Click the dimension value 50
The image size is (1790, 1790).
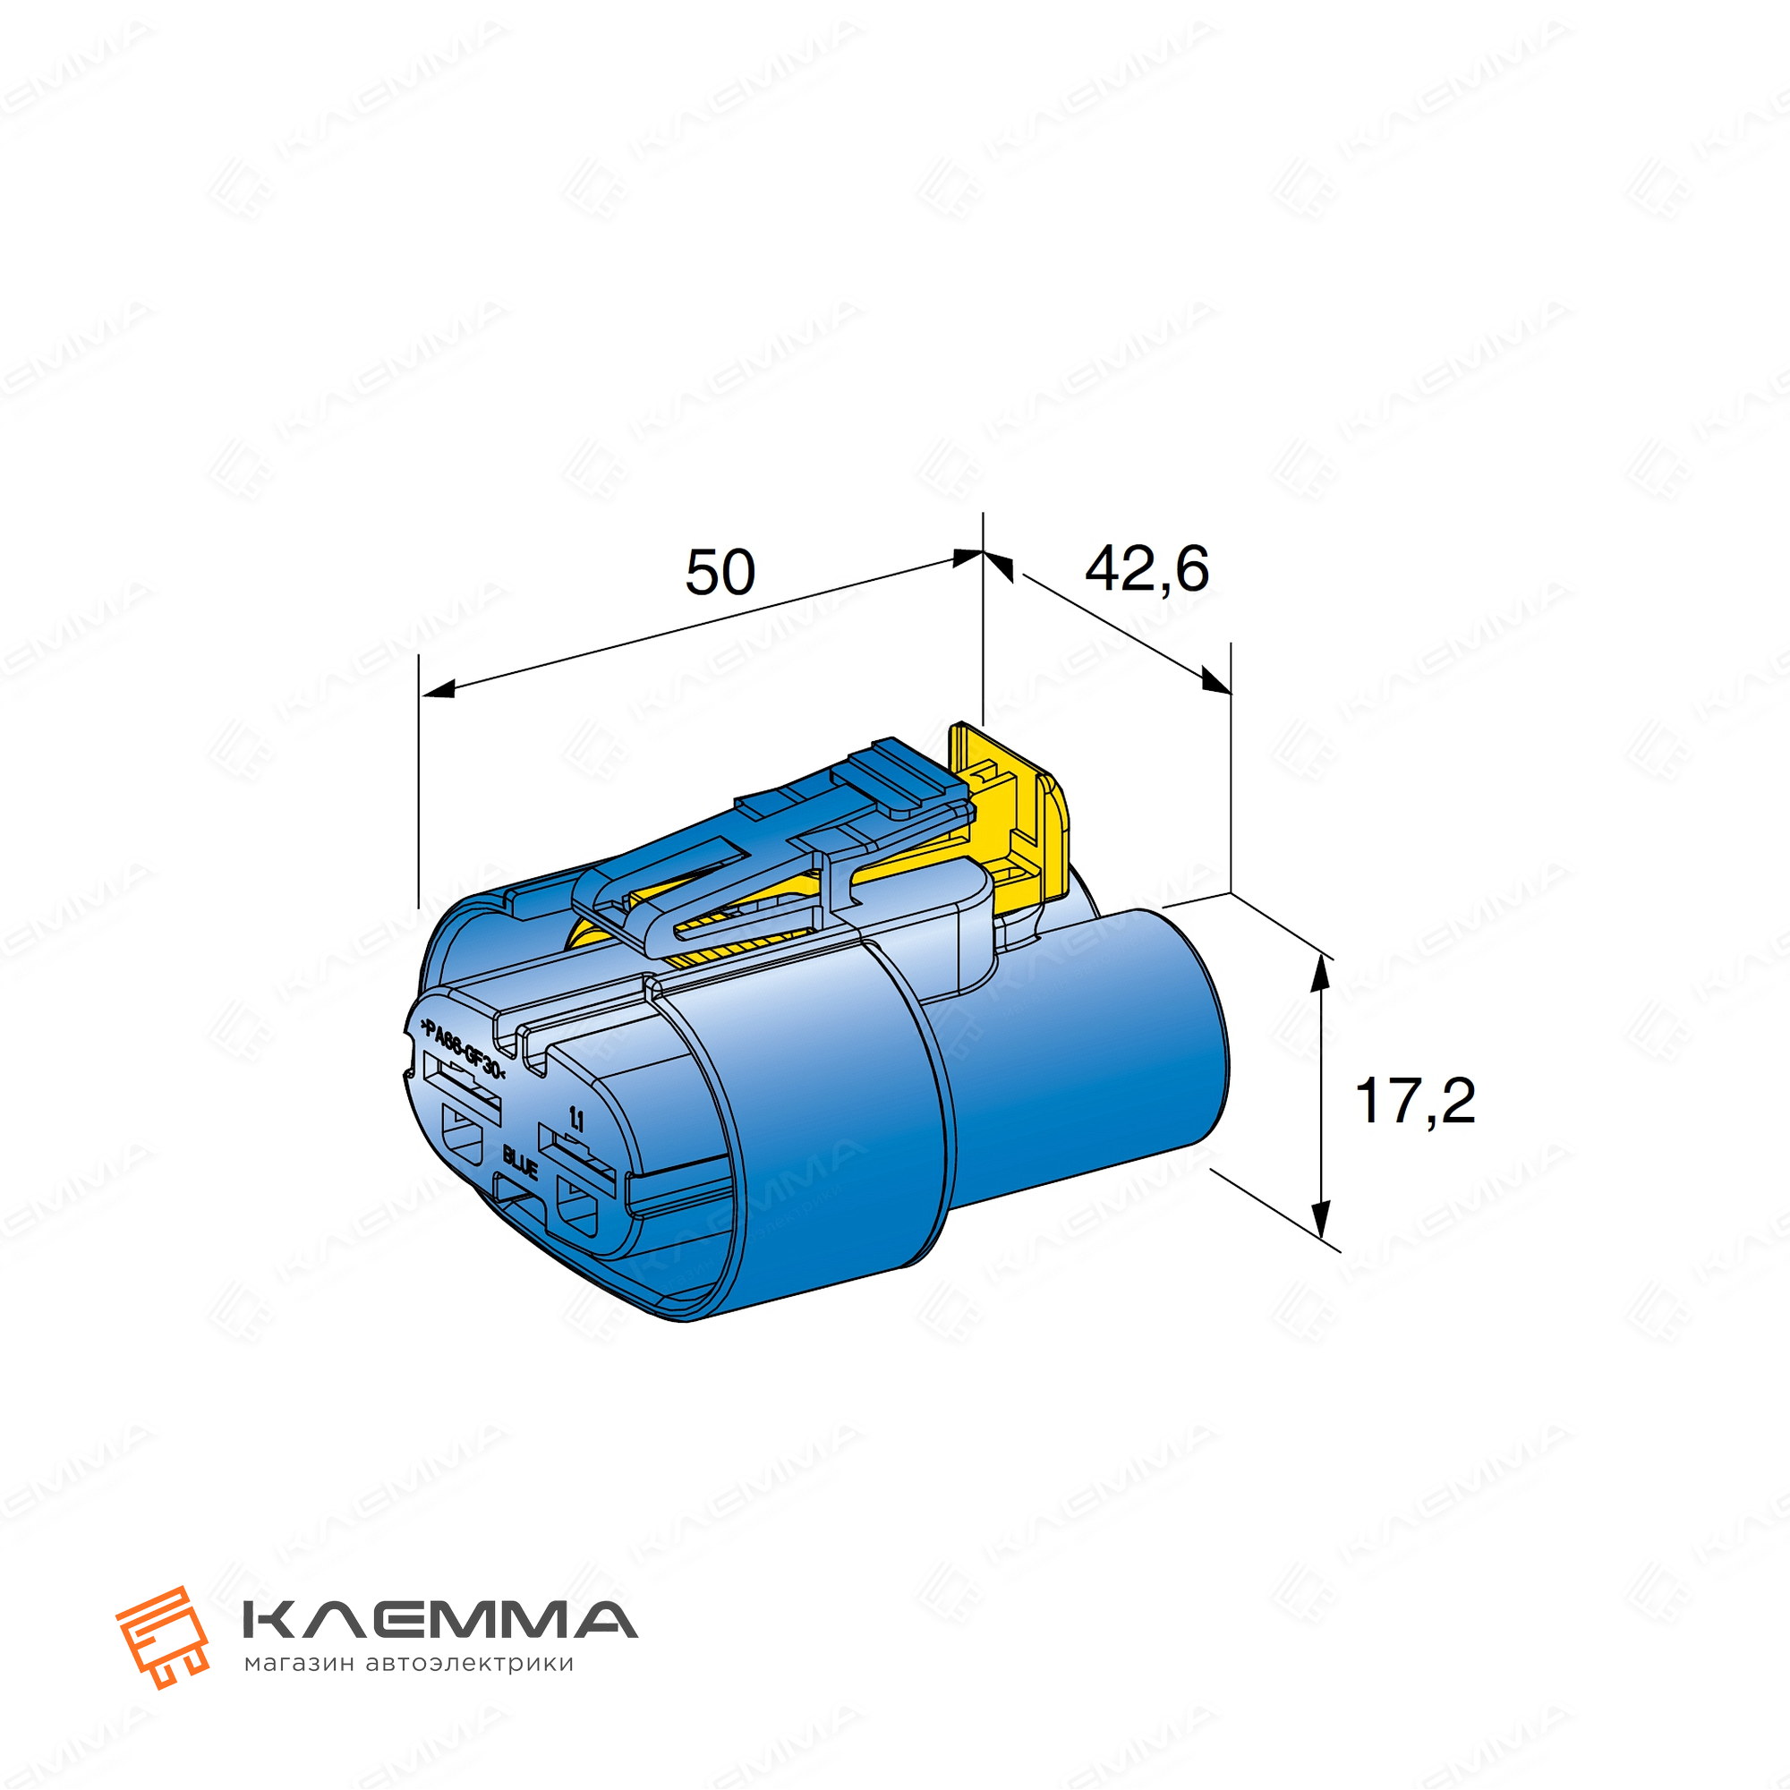(x=720, y=573)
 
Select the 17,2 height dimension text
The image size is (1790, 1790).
(x=1415, y=1103)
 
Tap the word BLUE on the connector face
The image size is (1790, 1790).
(x=521, y=1163)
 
